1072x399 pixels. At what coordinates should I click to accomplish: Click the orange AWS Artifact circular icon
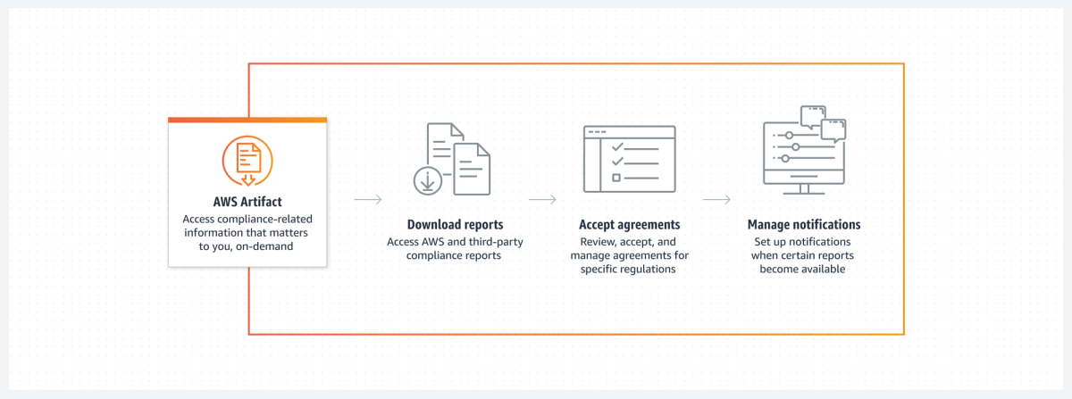click(247, 161)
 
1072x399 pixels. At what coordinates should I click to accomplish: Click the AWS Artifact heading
click(247, 202)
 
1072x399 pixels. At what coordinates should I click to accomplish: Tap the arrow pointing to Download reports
click(368, 200)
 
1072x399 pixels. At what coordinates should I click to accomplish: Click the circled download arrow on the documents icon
click(427, 181)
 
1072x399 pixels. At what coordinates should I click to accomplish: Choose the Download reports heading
click(455, 225)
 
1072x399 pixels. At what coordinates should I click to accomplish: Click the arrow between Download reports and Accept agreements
click(542, 200)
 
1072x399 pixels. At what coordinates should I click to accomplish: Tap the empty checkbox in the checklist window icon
click(616, 178)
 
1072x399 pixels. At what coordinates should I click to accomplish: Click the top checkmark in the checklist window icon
click(617, 147)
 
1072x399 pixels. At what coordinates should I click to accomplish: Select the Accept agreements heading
click(629, 225)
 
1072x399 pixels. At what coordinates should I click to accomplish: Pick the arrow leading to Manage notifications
click(716, 200)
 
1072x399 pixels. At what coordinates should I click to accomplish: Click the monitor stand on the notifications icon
click(804, 189)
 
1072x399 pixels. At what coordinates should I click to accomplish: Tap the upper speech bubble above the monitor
click(813, 117)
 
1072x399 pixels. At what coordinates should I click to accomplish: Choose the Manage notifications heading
click(804, 225)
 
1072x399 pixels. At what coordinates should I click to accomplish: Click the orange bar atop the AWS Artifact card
click(247, 121)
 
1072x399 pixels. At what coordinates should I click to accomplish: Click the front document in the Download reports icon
click(472, 169)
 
